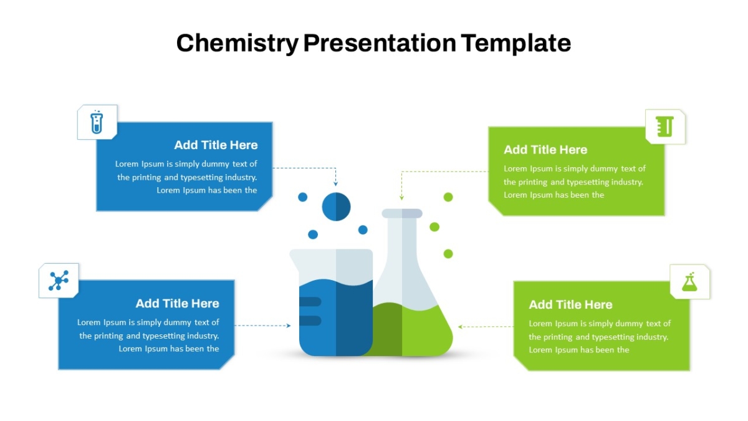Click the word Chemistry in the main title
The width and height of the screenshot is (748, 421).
click(237, 43)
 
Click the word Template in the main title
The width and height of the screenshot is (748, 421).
click(516, 43)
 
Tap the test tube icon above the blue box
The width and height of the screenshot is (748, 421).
click(97, 122)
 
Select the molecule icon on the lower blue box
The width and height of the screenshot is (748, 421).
click(59, 280)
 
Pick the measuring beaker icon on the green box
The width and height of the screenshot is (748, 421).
click(664, 127)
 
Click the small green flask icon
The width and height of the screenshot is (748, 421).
click(689, 282)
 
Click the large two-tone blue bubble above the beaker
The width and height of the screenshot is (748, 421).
click(336, 206)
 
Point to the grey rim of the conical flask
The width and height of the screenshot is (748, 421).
click(402, 213)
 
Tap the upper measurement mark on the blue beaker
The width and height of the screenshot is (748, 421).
click(310, 302)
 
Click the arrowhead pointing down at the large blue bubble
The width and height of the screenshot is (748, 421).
click(335, 183)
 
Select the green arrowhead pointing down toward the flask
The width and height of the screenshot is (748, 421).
click(401, 198)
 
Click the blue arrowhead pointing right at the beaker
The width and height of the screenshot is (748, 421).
click(289, 326)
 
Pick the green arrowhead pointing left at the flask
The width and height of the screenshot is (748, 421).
click(460, 327)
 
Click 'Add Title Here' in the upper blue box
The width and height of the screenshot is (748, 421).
click(216, 145)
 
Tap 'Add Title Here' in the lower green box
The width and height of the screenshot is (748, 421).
click(571, 305)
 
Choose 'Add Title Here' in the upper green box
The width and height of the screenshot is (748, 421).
click(545, 150)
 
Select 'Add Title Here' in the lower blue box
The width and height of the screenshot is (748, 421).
click(177, 303)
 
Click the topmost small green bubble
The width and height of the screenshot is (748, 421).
click(448, 197)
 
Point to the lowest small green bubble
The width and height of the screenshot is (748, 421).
click(448, 254)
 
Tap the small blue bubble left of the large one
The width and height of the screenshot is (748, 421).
click(302, 197)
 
